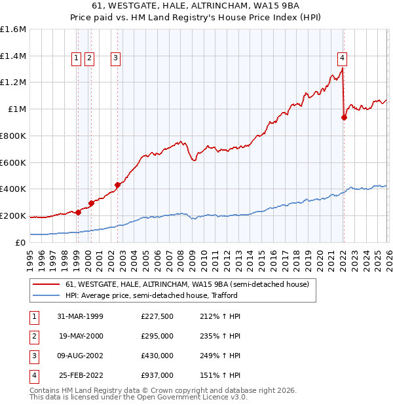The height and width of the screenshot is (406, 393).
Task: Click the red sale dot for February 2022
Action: [344, 118]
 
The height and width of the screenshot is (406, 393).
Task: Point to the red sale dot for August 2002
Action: [118, 185]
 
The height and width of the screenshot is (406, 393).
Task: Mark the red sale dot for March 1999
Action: [79, 212]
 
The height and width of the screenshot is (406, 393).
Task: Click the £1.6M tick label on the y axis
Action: [13, 29]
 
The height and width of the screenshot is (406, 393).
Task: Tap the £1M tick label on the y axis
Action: [16, 109]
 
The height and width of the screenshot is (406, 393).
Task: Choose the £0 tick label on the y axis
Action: [21, 242]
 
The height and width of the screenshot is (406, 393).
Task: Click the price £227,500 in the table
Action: [157, 316]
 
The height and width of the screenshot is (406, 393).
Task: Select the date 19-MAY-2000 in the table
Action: [81, 336]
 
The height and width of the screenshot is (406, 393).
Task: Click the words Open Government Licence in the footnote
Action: [187, 397]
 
